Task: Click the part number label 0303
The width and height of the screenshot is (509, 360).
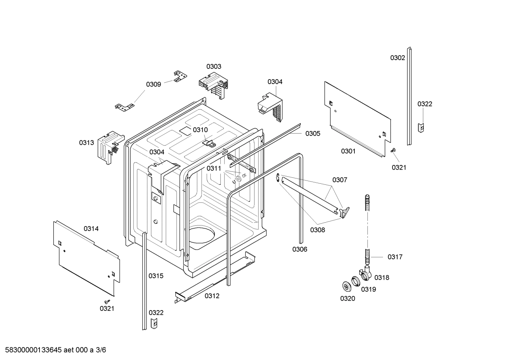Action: coord(214,66)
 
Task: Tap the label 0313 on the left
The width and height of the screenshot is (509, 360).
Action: coord(86,142)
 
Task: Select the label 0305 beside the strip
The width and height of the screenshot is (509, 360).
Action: coord(313,134)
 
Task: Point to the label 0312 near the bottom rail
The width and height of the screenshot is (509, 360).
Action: coord(212,296)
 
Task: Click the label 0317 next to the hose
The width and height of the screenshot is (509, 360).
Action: coord(395,257)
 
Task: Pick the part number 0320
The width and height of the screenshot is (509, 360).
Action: coord(347,299)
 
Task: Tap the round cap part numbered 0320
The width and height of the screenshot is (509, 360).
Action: coord(346,285)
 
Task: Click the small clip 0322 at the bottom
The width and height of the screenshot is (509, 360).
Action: coord(154,323)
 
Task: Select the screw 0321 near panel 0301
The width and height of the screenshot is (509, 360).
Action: coord(393,151)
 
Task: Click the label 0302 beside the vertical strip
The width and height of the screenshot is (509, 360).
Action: coord(397,58)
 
